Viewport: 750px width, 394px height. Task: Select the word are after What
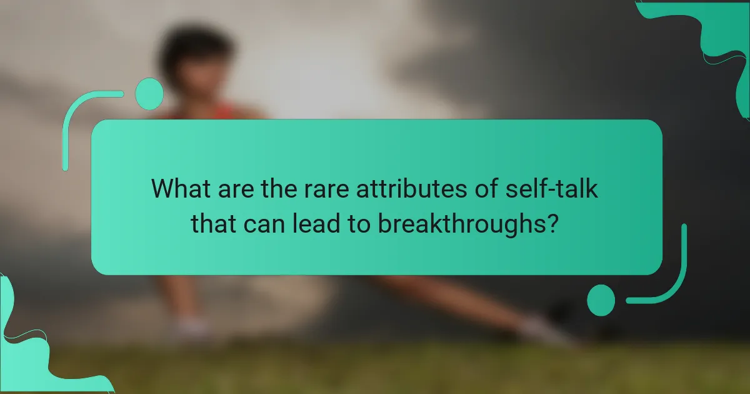[231, 189]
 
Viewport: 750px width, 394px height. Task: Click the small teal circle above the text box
[149, 94]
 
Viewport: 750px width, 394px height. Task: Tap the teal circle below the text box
[601, 300]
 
